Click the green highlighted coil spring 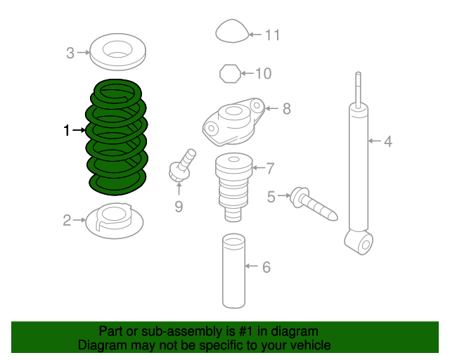point(117,137)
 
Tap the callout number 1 point(67,130)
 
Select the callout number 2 point(67,221)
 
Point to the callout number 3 point(70,52)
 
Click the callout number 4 point(387,142)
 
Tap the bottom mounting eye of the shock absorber point(364,244)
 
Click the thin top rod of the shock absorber point(359,88)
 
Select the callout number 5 point(271,196)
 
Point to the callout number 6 point(266,267)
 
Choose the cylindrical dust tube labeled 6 point(233,271)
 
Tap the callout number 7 point(270,167)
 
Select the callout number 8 point(286,108)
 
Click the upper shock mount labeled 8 point(235,121)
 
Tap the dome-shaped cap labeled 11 point(231,33)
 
